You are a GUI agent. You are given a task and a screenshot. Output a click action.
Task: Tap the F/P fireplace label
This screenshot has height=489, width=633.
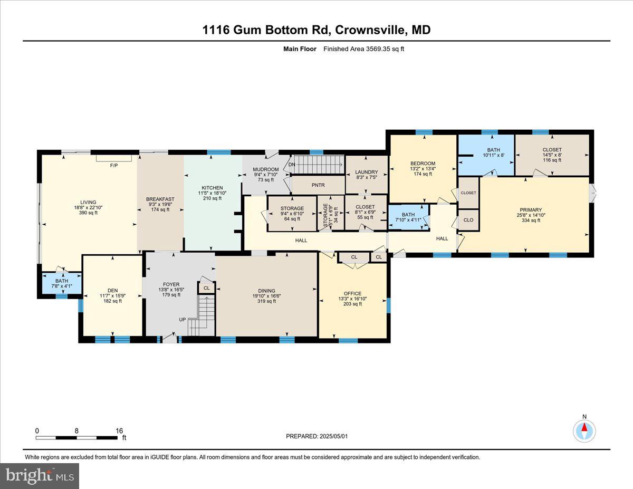113,165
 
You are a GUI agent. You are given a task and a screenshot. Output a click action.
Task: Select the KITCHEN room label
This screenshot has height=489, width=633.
213,188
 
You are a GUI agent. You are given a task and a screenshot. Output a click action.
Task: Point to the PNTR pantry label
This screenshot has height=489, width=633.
318,185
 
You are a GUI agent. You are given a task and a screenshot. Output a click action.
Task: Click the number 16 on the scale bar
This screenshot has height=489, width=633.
119,430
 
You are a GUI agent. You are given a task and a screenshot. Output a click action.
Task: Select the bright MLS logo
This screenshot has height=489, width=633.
40,476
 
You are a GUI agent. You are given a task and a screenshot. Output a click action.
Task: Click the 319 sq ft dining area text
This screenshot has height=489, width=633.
266,302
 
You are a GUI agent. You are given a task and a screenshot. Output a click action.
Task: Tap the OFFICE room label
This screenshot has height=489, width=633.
352,293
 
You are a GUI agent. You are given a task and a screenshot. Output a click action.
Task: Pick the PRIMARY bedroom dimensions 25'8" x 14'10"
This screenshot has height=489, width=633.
529,215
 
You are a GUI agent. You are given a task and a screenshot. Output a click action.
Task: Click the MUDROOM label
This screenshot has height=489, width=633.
266,169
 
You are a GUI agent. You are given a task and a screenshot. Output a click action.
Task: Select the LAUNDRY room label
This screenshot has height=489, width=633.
367,172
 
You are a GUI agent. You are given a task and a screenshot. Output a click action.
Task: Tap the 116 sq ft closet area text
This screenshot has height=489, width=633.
552,160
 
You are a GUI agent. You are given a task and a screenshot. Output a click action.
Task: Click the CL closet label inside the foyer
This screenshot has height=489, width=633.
206,289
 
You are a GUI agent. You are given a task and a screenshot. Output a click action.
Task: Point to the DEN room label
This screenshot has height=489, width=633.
112,290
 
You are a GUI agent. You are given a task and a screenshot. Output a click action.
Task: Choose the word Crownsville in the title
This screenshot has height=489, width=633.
367,30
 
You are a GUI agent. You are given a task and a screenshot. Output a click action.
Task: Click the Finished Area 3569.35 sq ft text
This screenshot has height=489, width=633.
363,49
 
